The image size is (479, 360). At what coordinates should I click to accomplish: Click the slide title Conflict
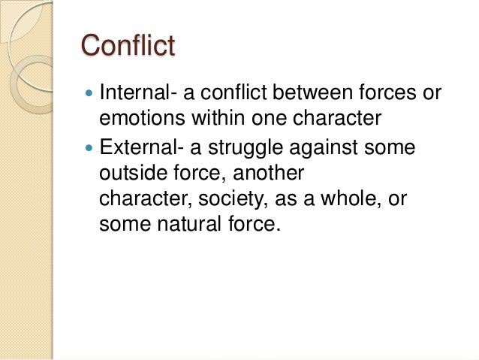128,46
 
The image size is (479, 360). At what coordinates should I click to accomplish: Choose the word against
331,148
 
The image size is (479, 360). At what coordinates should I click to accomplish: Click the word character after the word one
336,120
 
